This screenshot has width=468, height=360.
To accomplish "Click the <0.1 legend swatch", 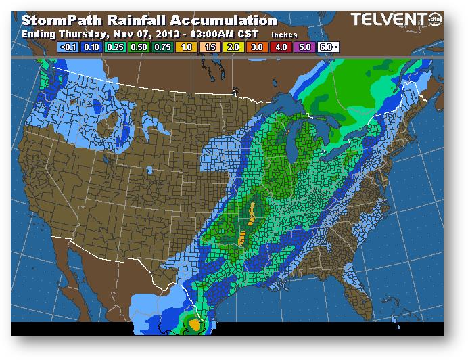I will [69, 47].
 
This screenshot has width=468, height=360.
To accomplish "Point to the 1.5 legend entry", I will [210, 47].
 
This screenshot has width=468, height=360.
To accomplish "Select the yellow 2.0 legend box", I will [234, 47].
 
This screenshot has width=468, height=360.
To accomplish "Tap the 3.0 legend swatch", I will [258, 47].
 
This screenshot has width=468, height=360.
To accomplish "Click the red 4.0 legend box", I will [281, 47].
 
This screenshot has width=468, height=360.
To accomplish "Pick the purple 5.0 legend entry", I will [305, 47].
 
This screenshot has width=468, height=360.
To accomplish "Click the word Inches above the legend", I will [284, 34].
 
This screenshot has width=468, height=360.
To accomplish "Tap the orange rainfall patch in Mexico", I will [195, 324].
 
